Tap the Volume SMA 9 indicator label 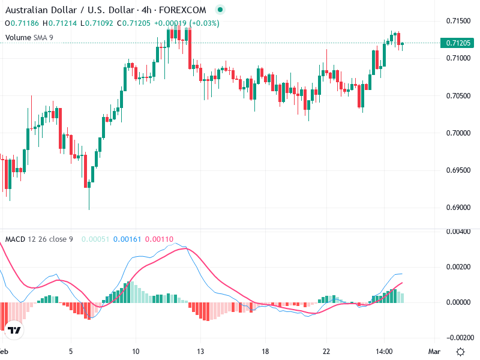click(29, 38)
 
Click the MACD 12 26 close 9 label click(39, 239)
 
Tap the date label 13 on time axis click(201, 351)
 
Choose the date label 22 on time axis click(326, 351)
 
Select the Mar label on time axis click(435, 351)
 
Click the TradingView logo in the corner click(14, 329)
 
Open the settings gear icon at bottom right click(460, 352)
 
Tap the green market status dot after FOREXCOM click(220, 10)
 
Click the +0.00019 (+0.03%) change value click(187, 23)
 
